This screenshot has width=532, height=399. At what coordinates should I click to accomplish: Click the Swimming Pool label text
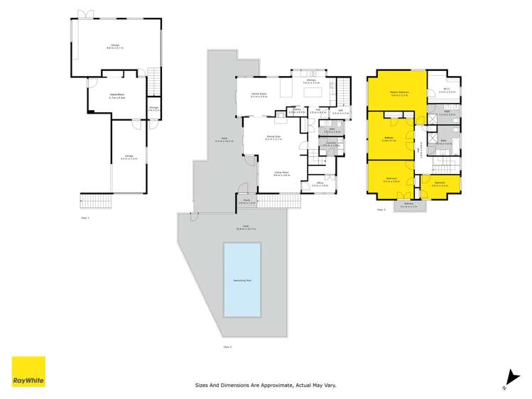(241, 280)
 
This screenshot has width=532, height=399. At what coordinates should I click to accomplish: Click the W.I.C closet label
(442, 90)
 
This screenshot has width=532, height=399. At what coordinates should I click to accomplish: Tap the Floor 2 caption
(228, 347)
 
